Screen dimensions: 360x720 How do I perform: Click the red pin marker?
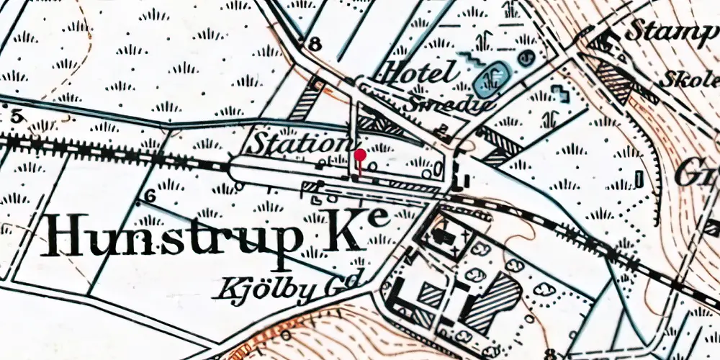(360, 155)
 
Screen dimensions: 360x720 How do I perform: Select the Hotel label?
(420, 73)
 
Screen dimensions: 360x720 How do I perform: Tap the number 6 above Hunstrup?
(150, 196)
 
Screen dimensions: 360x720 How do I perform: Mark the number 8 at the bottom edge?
(551, 354)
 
